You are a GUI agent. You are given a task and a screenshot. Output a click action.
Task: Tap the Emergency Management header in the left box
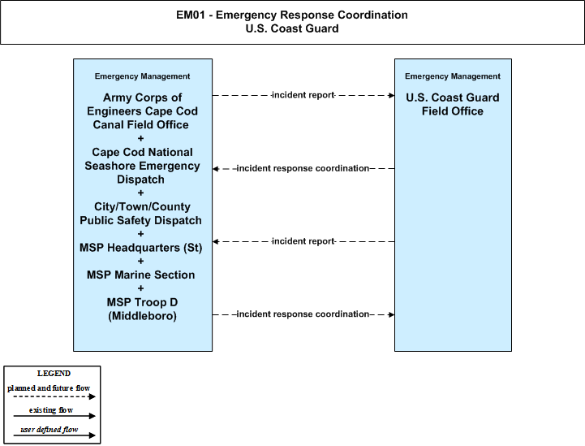coord(142,76)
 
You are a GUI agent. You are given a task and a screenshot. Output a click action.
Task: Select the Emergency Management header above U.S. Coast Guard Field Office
coord(453,76)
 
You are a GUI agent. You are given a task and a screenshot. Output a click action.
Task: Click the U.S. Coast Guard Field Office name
coord(453,104)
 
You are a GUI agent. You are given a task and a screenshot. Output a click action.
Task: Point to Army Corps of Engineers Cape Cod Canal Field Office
coord(142,111)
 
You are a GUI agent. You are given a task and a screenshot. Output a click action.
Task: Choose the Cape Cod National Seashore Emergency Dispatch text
coord(142,166)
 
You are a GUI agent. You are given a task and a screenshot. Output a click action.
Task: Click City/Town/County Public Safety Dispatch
coord(140,214)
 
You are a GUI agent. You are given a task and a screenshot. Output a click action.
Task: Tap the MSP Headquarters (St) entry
coord(140,248)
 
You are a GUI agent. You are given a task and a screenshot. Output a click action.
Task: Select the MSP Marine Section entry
coord(140,275)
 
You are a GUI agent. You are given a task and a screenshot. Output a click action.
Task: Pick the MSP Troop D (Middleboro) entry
coord(142,309)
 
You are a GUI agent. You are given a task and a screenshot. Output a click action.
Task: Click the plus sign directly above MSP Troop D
coord(140,288)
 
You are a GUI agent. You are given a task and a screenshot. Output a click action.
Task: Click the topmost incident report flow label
coord(303,95)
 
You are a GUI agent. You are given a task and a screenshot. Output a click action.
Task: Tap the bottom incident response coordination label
coord(303,314)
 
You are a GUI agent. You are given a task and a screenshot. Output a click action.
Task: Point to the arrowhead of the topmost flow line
coord(392,95)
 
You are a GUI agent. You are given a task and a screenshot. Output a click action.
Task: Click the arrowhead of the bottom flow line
coord(392,314)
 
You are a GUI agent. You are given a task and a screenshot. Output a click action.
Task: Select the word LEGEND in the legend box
coord(54,374)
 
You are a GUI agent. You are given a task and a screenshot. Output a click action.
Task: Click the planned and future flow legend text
coord(49,388)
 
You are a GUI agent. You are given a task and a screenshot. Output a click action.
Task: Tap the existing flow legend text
coord(51,410)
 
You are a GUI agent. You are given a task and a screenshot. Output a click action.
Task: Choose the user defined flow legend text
coord(49,430)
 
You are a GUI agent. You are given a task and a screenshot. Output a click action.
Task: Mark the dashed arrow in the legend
coord(54,396)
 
